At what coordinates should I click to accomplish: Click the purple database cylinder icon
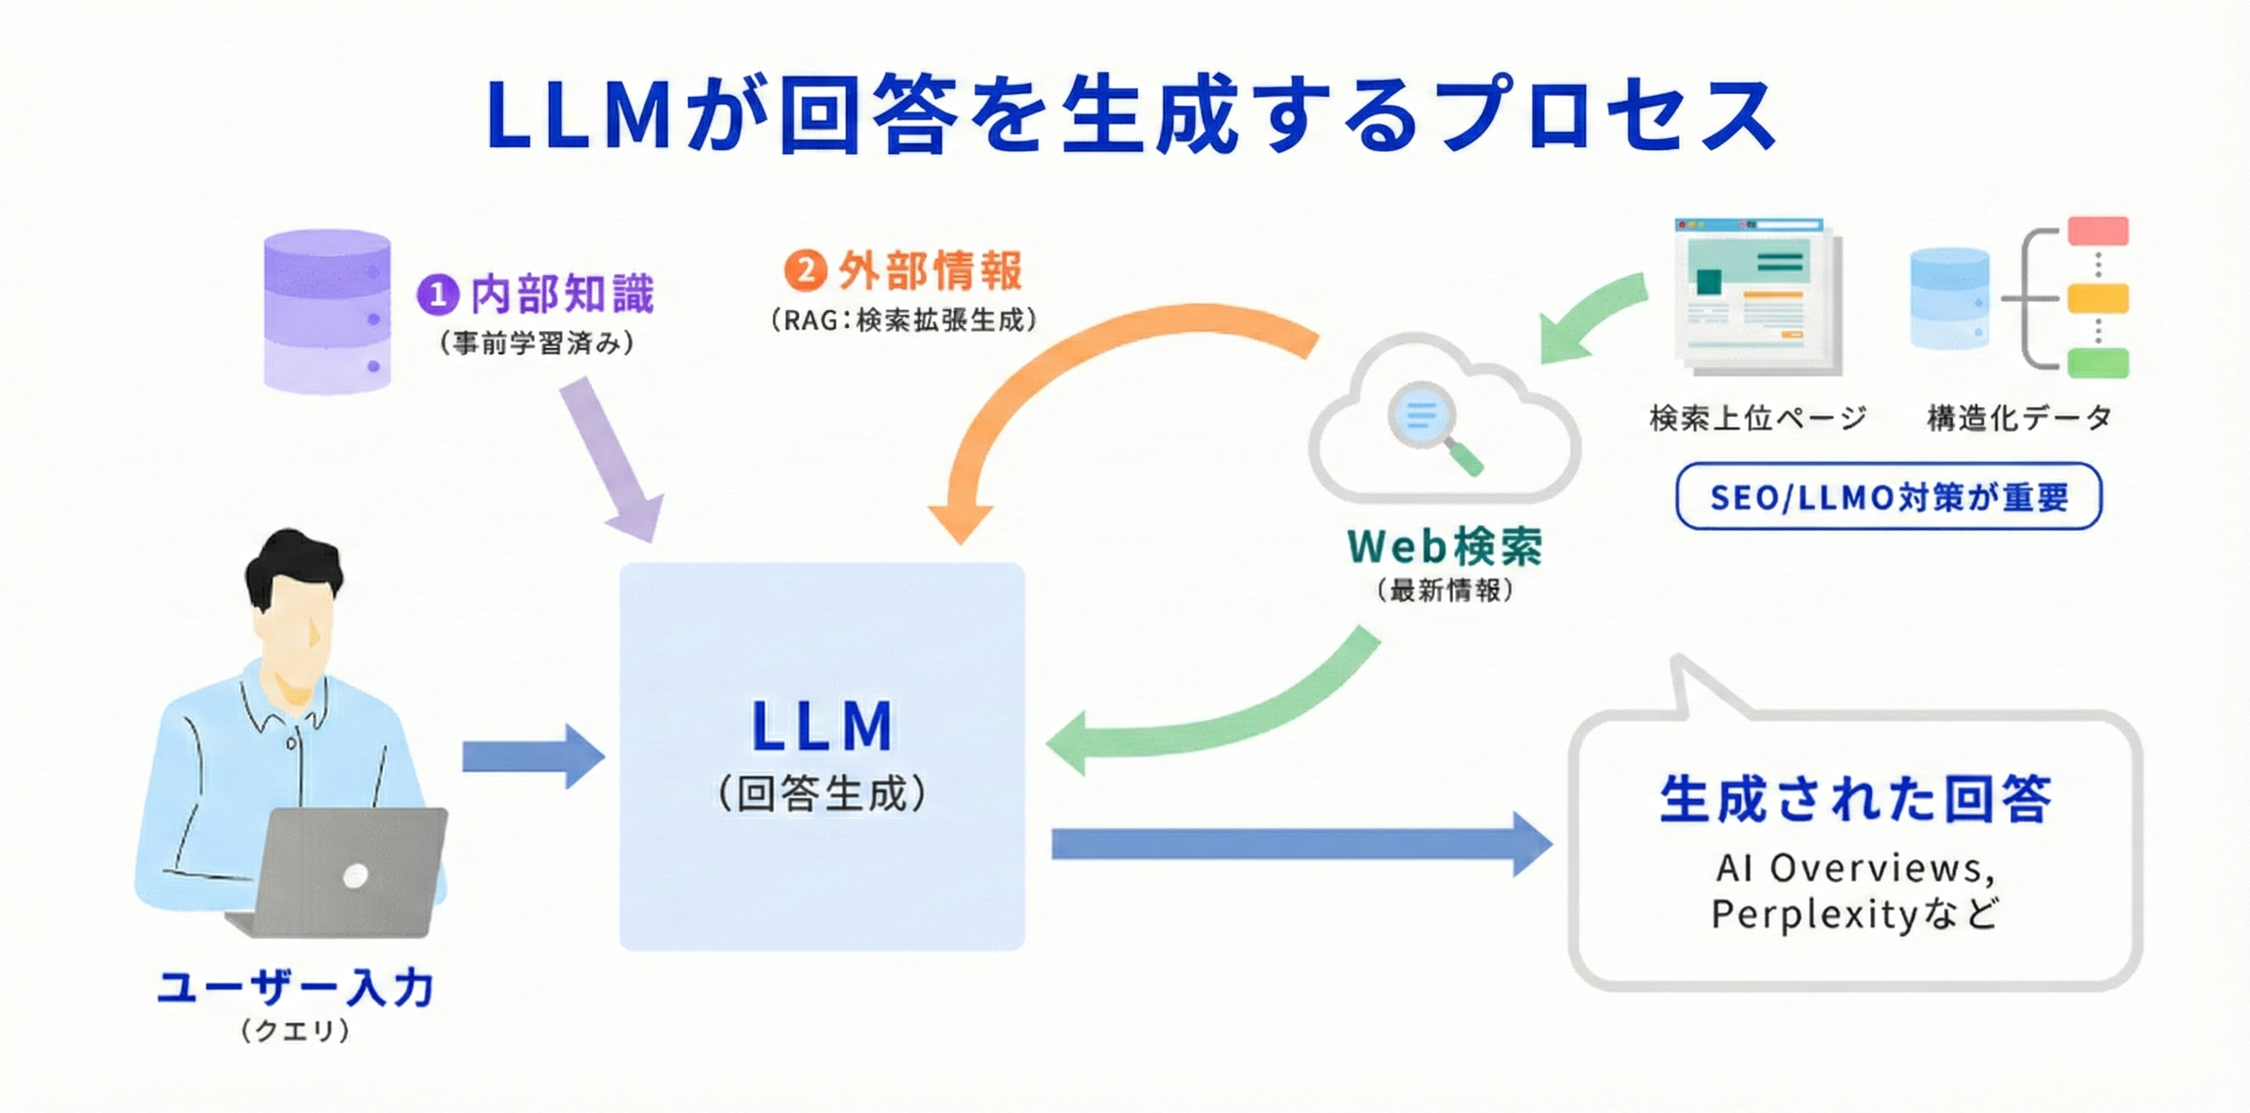click(x=327, y=312)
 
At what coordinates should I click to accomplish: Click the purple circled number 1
click(x=437, y=294)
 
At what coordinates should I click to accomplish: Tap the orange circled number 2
click(x=804, y=270)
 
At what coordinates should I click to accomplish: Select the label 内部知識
click(x=562, y=294)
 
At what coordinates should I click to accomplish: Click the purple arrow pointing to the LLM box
click(x=611, y=458)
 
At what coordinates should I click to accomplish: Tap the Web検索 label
click(x=1446, y=547)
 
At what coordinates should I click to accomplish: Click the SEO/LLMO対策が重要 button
click(x=1888, y=497)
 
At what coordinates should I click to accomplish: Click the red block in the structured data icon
click(x=2098, y=232)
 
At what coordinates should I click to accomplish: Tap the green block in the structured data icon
click(x=2098, y=362)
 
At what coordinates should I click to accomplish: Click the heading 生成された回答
click(x=1855, y=799)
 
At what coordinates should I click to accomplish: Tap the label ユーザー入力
click(x=296, y=988)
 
